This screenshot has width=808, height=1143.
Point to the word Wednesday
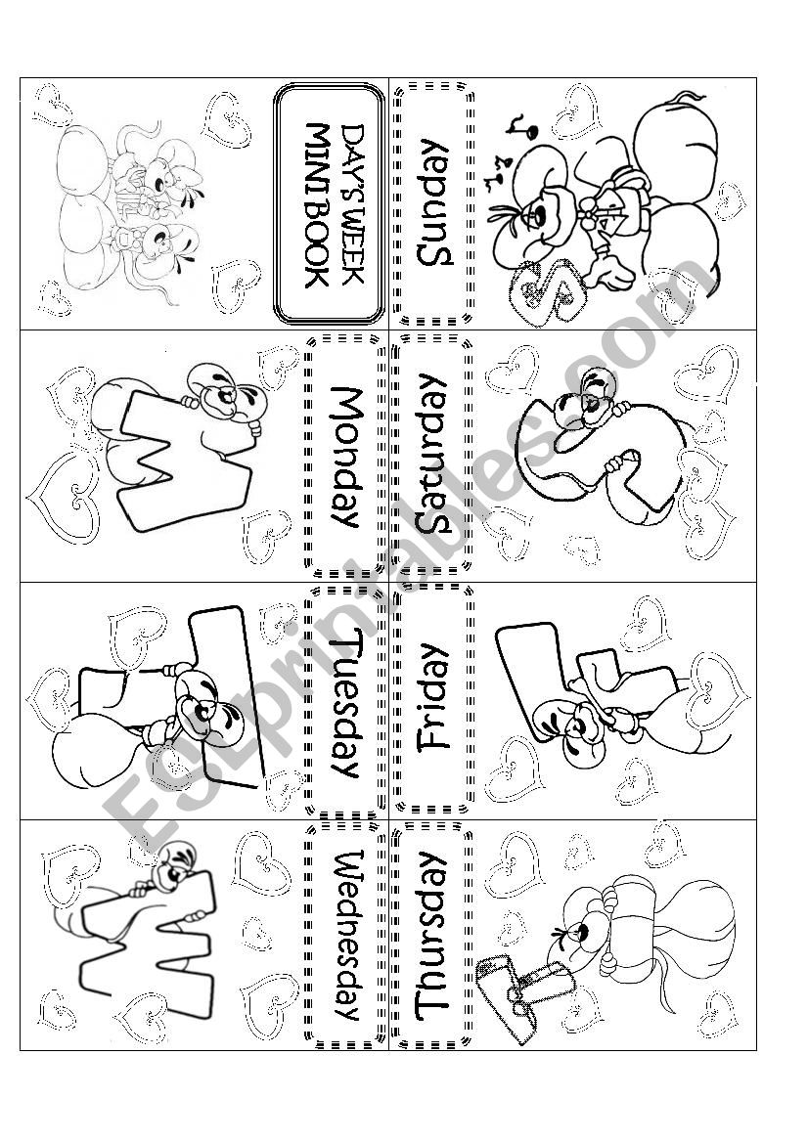(347, 936)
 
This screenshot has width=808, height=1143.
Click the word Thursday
(431, 936)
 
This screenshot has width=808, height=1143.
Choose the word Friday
(431, 695)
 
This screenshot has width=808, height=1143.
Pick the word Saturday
(431, 456)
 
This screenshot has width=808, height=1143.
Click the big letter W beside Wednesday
(147, 939)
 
